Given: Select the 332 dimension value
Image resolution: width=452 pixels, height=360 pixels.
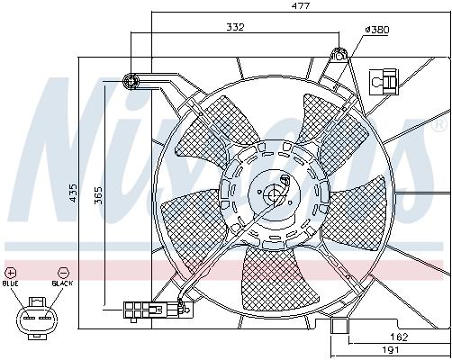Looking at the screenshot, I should (234, 28).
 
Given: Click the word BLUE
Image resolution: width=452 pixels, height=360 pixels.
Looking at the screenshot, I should (11, 283).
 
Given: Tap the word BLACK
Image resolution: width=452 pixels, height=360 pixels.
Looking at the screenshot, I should (62, 283).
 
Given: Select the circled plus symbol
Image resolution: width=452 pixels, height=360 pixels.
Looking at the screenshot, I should (11, 271).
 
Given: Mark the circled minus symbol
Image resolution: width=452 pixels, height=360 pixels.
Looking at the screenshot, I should (62, 271).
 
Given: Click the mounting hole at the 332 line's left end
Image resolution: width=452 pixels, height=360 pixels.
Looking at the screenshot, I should (131, 82).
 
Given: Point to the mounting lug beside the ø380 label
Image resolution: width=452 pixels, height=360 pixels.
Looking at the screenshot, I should (340, 55).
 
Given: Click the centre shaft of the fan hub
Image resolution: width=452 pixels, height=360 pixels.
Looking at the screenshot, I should (274, 193).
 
